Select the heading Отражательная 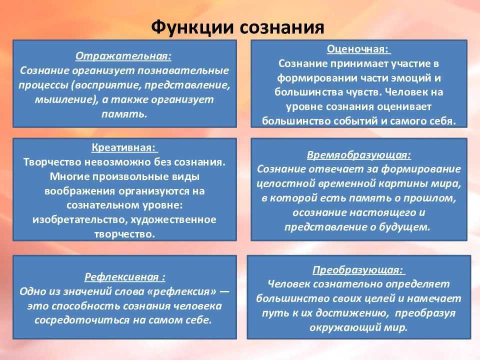click(123, 56)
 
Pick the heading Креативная click(123, 147)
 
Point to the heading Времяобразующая click(359, 155)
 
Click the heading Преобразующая click(357, 270)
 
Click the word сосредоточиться click(82, 320)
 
